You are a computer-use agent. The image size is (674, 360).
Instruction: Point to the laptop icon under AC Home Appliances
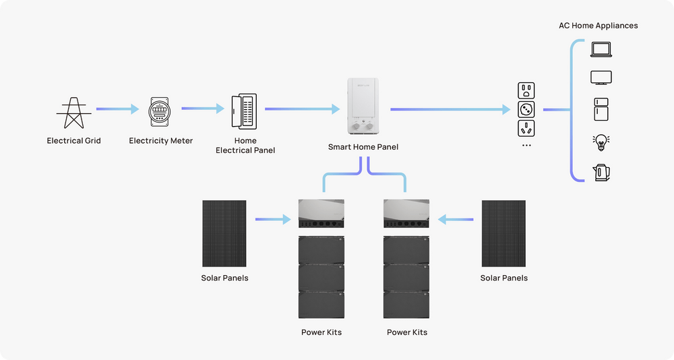coord(600,49)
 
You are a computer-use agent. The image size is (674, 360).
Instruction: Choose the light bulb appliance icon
coord(600,142)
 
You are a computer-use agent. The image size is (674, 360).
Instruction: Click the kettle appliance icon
coord(601,173)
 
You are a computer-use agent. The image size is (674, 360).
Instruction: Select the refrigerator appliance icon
coord(601,110)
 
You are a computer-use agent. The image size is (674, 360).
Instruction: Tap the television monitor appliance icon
coord(600,78)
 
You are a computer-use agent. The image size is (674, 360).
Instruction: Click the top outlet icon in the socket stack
coord(526,90)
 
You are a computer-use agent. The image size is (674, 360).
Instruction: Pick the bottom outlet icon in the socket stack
coord(526,128)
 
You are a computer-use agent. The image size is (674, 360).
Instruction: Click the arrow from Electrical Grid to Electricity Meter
coord(116,109)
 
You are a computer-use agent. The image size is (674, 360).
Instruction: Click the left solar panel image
coord(224,233)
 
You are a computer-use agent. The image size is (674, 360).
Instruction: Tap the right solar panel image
coord(503,233)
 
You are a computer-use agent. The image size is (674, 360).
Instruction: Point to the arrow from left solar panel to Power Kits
coord(273,218)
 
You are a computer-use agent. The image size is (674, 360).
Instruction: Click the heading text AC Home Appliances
coord(598,26)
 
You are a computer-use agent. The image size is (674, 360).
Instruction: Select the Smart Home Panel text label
coord(363,147)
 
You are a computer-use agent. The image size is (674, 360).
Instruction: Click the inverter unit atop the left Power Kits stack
coord(321,213)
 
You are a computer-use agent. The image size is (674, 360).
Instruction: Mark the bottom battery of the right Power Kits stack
coord(406,305)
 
